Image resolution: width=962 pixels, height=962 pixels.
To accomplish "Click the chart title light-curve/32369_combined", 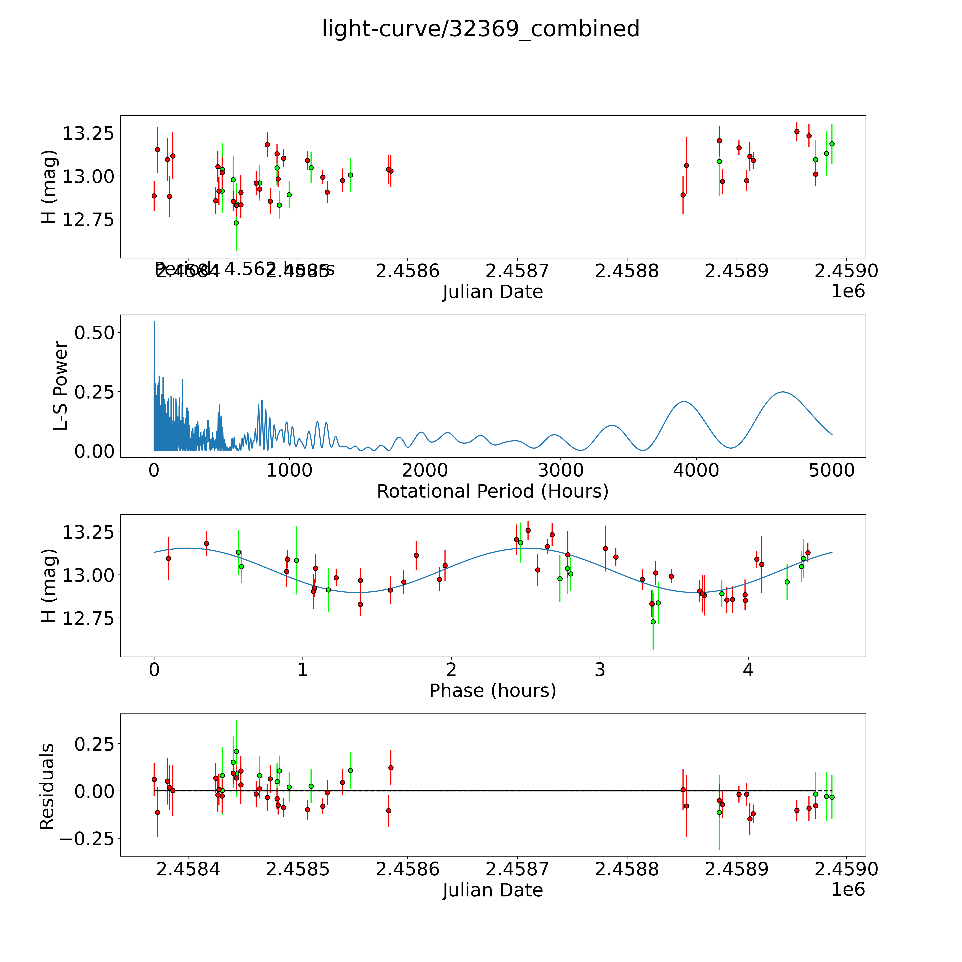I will click(480, 29).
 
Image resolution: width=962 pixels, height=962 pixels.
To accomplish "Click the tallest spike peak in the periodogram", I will click(154, 322).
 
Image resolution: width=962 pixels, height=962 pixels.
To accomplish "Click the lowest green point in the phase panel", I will click(653, 621).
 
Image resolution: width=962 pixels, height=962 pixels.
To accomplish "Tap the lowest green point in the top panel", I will click(236, 223).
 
